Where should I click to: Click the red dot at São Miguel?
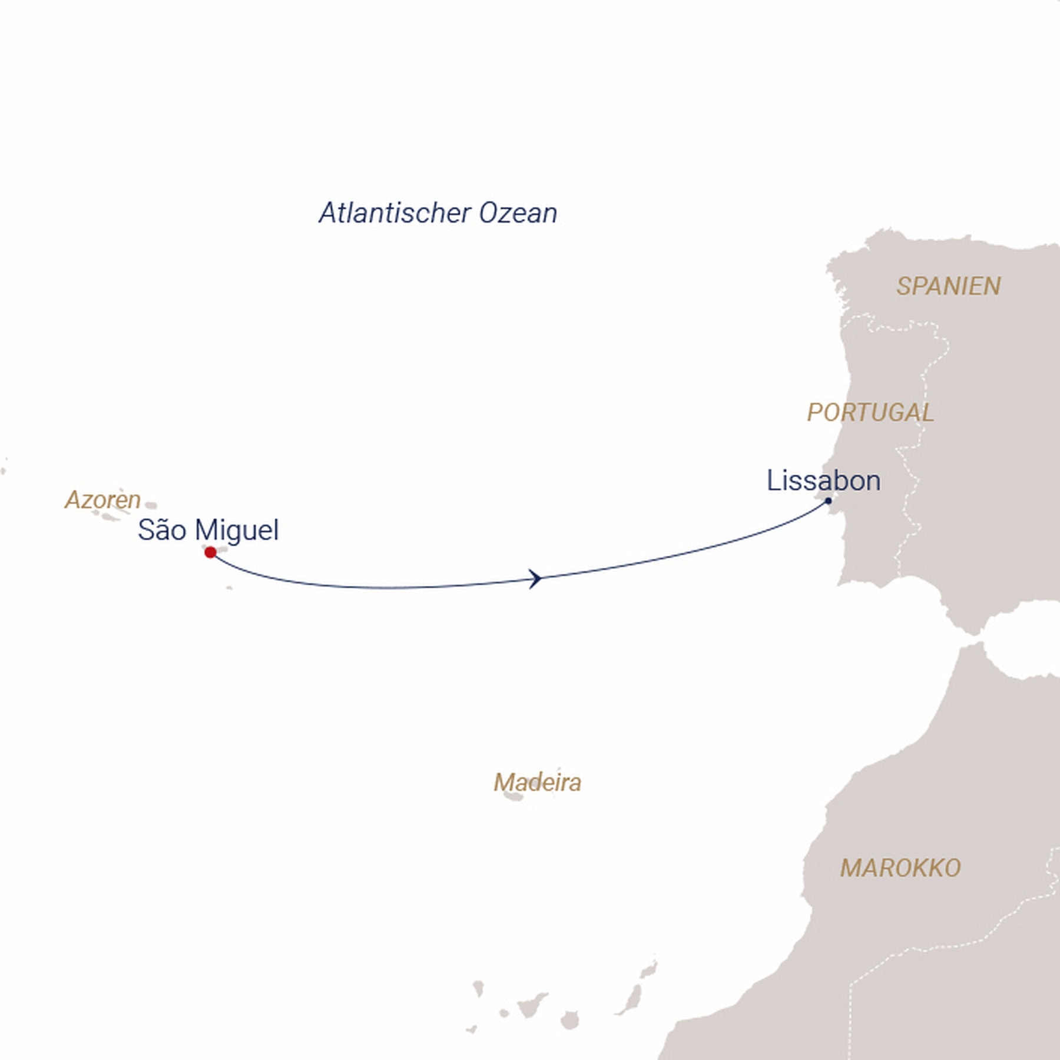[x=210, y=552]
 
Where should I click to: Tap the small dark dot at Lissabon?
[x=828, y=501]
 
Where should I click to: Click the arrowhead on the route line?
[x=535, y=578]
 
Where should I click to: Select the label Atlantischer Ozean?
[x=438, y=213]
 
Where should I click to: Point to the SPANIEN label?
[x=948, y=286]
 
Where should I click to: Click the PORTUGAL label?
[x=870, y=412]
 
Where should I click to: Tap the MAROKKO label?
[x=900, y=868]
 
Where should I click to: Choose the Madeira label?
[x=537, y=783]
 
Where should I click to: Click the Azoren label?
[x=102, y=500]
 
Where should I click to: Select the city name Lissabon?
[x=823, y=481]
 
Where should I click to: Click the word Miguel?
[x=237, y=530]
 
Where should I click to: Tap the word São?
[x=163, y=530]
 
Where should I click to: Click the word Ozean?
[x=518, y=213]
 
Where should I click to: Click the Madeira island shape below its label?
[x=514, y=797]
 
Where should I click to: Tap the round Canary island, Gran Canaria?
[x=569, y=1020]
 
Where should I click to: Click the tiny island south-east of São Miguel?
[x=229, y=587]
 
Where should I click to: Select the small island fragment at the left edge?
[x=4, y=471]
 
